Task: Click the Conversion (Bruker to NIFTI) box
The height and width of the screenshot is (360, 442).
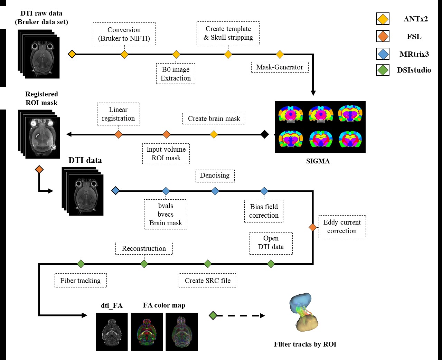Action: [124, 34]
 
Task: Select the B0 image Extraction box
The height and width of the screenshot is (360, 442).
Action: [176, 74]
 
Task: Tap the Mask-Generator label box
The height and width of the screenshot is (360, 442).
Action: [280, 67]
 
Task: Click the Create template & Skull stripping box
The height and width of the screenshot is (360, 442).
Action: [228, 33]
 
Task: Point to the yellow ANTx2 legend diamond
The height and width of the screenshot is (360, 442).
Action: [383, 19]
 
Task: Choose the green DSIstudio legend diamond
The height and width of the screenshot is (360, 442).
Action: [383, 70]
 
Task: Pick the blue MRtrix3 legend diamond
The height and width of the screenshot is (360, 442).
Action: [383, 54]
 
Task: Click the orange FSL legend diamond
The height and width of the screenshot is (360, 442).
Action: [383, 36]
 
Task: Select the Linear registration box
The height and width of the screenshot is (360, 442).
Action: [118, 114]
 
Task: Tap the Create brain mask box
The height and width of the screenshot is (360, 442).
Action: [214, 119]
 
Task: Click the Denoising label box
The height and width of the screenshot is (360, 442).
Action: [215, 176]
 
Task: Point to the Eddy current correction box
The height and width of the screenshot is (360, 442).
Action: [341, 227]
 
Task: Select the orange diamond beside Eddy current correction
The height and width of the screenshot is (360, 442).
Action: [312, 227]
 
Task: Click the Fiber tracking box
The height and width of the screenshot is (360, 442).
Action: [81, 281]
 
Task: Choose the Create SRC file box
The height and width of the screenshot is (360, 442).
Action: [207, 281]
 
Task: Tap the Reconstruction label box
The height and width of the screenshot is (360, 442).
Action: [144, 248]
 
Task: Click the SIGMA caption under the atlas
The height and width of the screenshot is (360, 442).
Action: [318, 161]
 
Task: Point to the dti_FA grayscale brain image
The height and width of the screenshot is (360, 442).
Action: [112, 332]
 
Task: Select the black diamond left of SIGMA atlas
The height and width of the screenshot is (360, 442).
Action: [264, 134]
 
